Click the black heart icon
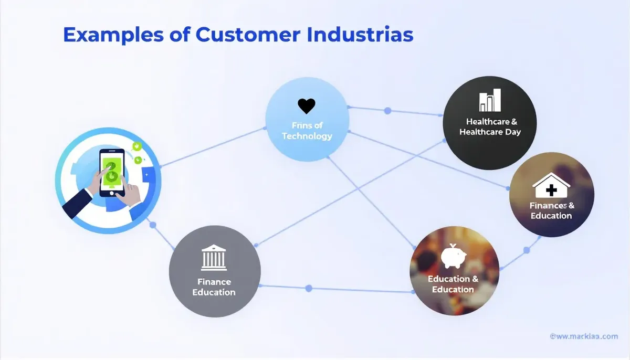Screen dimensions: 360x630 (306, 106)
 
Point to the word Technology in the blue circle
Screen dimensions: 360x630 (307, 136)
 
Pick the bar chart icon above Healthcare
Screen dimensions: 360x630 (490, 100)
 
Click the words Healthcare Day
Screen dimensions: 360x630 (490, 132)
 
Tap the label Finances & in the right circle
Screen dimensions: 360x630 (551, 205)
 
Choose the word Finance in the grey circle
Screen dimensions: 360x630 (214, 282)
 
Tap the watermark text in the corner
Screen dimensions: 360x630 (583, 336)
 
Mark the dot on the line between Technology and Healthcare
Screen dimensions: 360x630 (388, 111)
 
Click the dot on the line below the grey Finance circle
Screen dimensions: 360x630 (309, 288)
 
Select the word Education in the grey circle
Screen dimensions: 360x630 (214, 292)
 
